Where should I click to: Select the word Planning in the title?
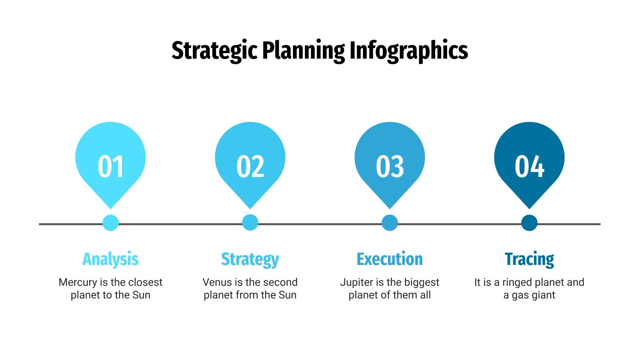click(x=303, y=51)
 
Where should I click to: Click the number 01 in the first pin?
click(x=110, y=166)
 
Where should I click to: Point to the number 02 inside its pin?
click(x=250, y=166)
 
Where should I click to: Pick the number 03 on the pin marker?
click(x=390, y=166)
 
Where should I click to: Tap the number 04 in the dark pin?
click(x=529, y=166)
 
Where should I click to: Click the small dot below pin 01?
click(x=110, y=223)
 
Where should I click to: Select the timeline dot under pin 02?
click(x=250, y=223)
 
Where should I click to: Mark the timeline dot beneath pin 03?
click(x=390, y=223)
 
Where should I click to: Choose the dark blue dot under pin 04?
click(x=529, y=223)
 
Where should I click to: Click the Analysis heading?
click(x=110, y=259)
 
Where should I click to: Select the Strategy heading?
click(x=250, y=259)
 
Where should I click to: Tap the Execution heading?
click(x=390, y=259)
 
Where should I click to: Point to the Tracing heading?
click(x=529, y=259)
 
